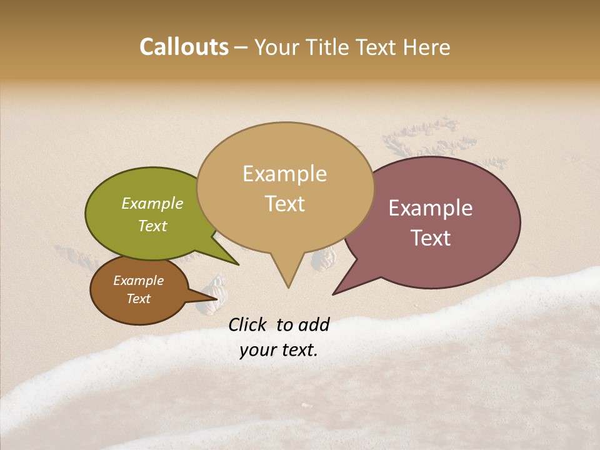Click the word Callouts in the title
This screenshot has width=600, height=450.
pyautogui.click(x=184, y=47)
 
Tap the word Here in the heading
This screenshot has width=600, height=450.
pyautogui.click(x=426, y=47)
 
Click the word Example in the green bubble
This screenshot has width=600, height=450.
pyautogui.click(x=152, y=203)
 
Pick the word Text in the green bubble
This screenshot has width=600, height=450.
pyautogui.click(x=152, y=226)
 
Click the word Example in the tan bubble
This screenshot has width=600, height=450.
pyautogui.click(x=284, y=174)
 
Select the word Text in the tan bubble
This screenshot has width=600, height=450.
pyautogui.click(x=284, y=204)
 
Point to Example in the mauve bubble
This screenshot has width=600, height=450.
pyautogui.click(x=431, y=208)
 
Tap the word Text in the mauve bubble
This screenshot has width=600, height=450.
pyautogui.click(x=431, y=238)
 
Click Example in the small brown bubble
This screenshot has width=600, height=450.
pyautogui.click(x=138, y=281)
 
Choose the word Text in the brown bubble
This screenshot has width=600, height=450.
pyautogui.click(x=138, y=299)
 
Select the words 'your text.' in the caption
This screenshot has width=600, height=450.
pyautogui.click(x=279, y=350)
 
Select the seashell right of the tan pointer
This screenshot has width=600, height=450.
pyautogui.click(x=324, y=258)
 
